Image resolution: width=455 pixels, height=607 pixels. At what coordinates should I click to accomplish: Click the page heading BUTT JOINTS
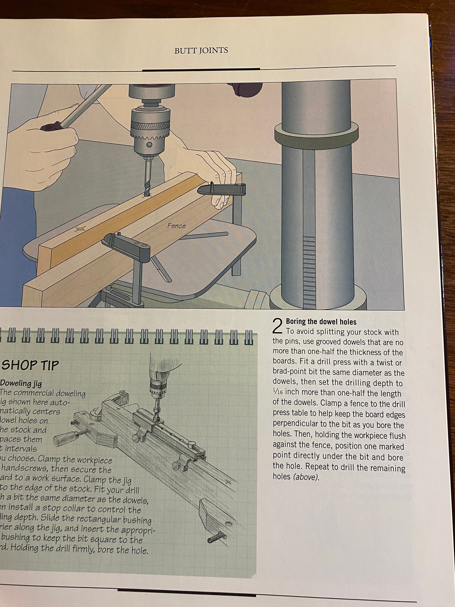point(201,51)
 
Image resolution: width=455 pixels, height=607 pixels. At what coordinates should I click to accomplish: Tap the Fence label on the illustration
point(177,226)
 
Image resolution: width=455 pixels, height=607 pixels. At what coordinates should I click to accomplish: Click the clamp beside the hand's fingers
point(222,189)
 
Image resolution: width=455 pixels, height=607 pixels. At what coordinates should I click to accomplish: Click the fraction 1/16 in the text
point(278,393)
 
